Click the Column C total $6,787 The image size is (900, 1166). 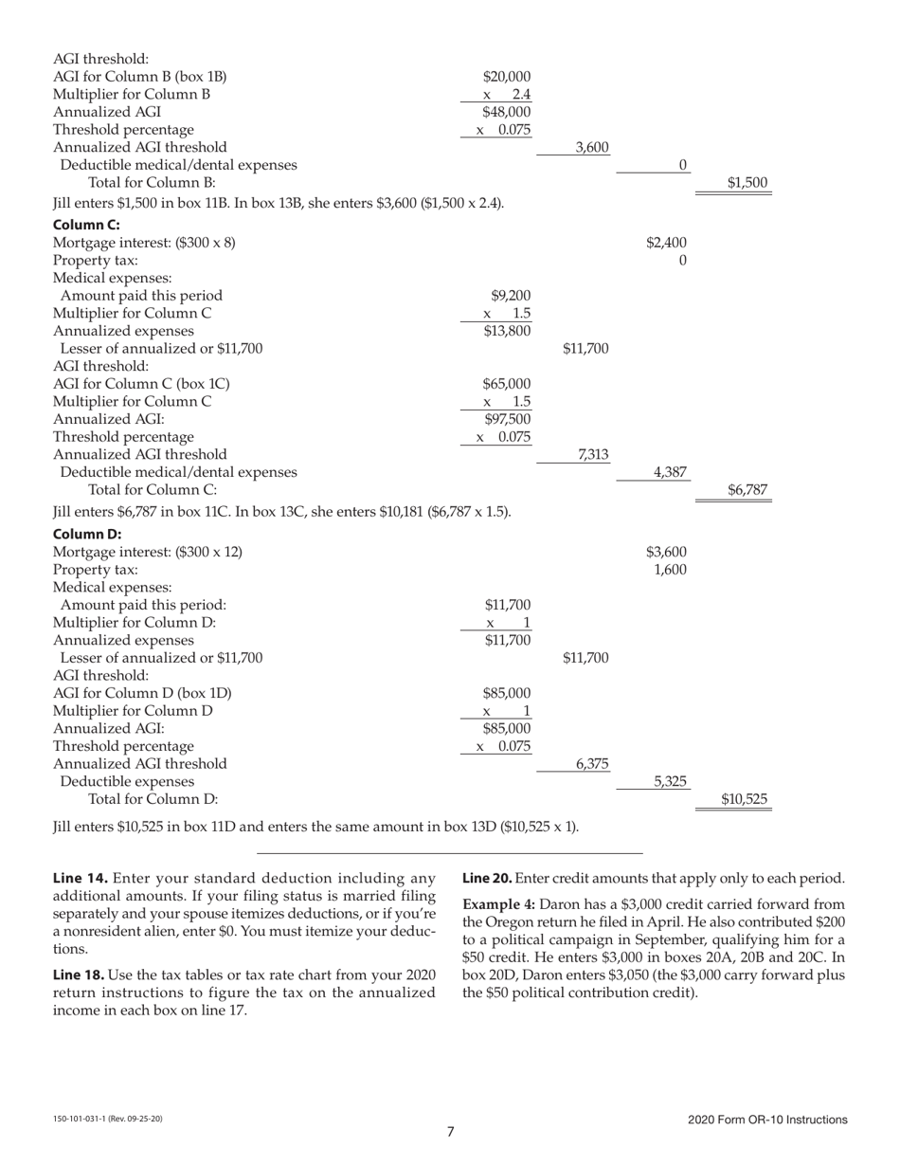[747, 490]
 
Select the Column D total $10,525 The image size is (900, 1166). [744, 799]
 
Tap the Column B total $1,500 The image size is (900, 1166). [747, 183]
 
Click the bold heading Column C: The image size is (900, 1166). [86, 225]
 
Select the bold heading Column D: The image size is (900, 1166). [87, 534]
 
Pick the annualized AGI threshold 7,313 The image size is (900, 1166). [593, 454]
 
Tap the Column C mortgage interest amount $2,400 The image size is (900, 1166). [667, 243]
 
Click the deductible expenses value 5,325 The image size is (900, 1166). [670, 782]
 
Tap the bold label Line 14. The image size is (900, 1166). [80, 878]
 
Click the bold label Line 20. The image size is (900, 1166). [487, 878]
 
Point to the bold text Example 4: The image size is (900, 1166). [498, 904]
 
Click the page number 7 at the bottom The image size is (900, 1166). [450, 1131]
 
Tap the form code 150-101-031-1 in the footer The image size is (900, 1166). [82, 1120]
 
